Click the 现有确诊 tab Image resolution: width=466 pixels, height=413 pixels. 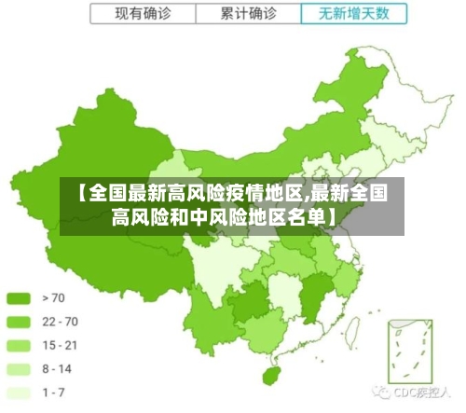click(143, 14)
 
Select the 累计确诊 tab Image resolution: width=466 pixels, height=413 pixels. click(249, 14)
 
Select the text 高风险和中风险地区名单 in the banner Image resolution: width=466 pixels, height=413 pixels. click(219, 219)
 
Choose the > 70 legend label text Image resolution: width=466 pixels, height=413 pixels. click(54, 299)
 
